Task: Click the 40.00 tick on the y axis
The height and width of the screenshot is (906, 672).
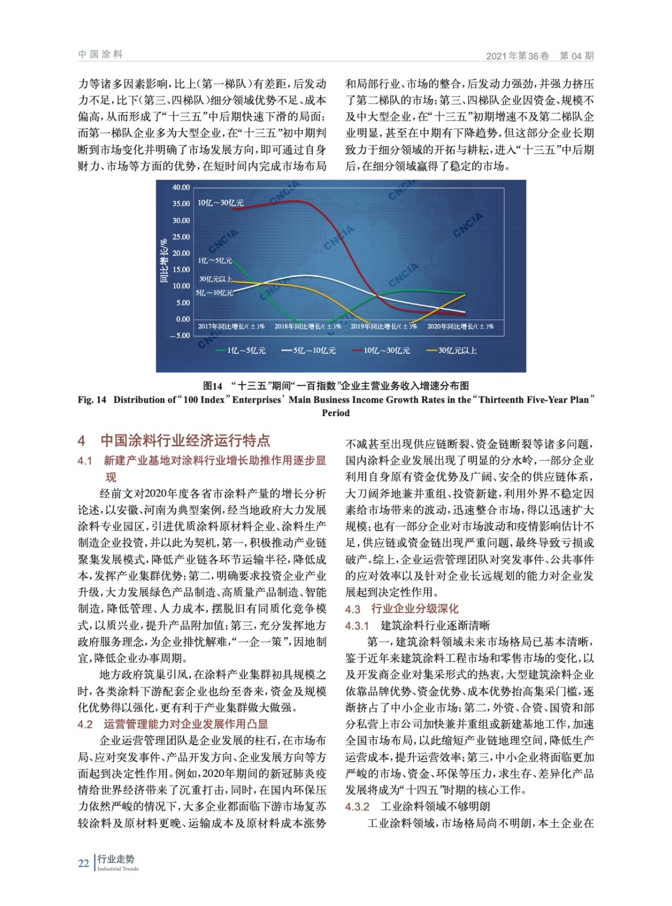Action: pos(181,187)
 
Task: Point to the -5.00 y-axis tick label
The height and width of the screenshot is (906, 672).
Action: pos(180,336)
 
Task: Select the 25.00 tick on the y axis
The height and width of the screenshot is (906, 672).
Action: pos(181,237)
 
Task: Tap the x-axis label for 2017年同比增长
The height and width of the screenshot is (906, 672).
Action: pos(231,327)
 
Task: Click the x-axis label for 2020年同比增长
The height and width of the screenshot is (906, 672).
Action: pos(460,327)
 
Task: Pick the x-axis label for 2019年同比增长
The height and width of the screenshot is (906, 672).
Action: pos(384,327)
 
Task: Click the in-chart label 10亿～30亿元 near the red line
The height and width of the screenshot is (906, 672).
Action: pos(220,203)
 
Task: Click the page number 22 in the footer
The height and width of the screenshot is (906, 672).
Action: pos(83,864)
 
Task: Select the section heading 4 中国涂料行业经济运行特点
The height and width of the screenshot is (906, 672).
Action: pos(174,441)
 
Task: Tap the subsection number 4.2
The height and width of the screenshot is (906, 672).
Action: pos(85,724)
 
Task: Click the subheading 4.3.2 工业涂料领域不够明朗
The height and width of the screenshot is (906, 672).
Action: pos(417,806)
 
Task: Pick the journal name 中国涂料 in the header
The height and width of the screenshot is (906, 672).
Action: pos(100,54)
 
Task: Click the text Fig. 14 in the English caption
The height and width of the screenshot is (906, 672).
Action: pos(92,400)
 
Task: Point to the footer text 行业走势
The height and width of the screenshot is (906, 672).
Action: pos(116,859)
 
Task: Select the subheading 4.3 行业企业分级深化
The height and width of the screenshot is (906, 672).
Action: pos(402,609)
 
